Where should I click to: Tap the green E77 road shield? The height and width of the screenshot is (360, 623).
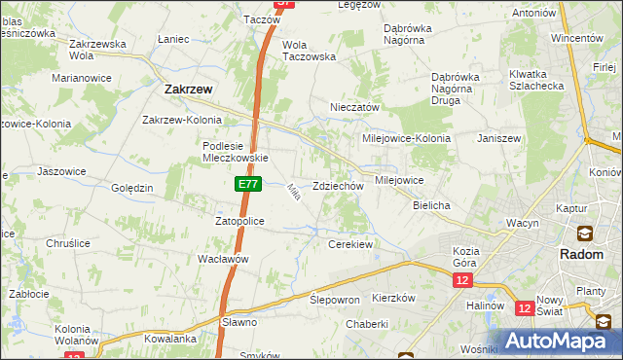[247, 183]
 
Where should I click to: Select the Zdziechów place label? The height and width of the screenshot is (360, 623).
[338, 186]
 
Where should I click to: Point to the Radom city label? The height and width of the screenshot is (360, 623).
[584, 253]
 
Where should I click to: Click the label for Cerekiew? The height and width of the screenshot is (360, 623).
[350, 244]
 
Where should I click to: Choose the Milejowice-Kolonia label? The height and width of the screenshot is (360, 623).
[406, 138]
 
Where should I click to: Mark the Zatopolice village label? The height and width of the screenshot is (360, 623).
[239, 221]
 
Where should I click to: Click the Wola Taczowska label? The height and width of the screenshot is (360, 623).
[309, 51]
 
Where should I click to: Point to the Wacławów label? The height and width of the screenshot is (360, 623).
[224, 259]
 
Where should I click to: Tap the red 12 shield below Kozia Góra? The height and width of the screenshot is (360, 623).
[461, 280]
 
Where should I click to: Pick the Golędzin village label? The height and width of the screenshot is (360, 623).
[131, 188]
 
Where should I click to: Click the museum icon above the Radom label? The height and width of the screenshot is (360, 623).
[584, 234]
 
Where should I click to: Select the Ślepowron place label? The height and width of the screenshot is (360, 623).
[335, 300]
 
